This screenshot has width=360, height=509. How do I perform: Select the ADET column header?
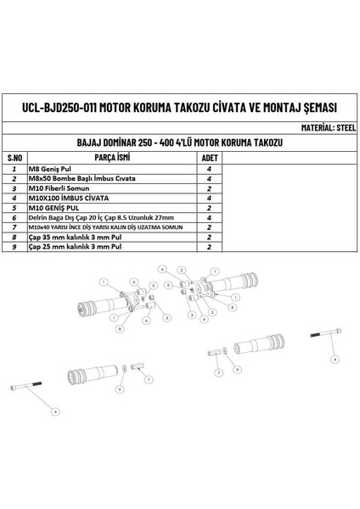(209, 158)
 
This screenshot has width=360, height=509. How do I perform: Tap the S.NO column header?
(14, 158)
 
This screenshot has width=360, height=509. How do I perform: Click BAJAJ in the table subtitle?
(89, 143)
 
